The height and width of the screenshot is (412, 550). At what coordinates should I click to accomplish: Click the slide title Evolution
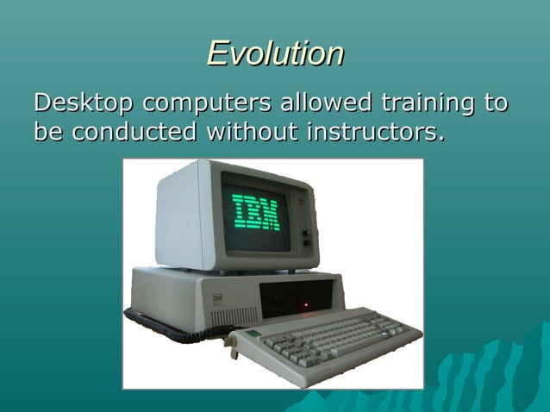point(275,53)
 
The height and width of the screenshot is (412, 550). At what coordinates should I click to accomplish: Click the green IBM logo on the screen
point(255,212)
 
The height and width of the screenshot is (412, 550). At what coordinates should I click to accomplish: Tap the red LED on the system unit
point(303,303)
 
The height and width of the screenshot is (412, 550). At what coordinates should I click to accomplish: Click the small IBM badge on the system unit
point(218,297)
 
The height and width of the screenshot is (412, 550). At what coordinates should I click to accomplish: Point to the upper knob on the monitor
point(305,233)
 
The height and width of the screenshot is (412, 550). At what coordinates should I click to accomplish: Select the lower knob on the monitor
point(306,243)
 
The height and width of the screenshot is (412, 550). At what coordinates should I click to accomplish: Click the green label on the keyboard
point(251,334)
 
